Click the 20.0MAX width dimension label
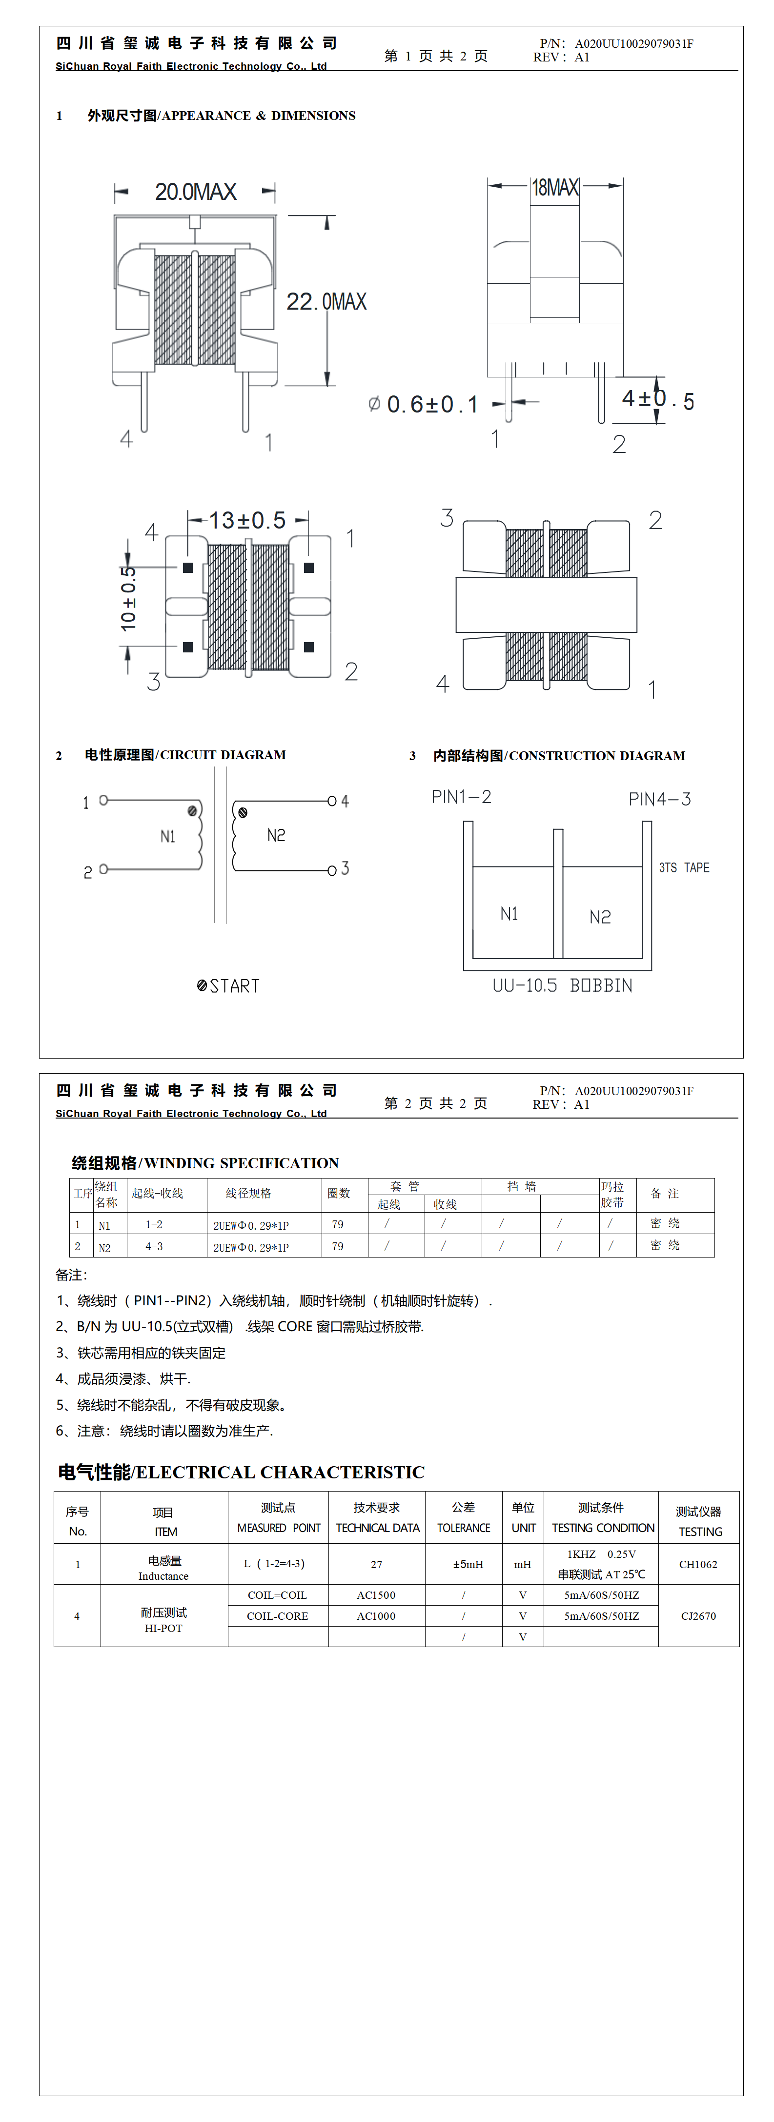(195, 192)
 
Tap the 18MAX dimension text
(555, 188)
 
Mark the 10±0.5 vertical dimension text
(128, 598)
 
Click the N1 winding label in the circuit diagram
(167, 837)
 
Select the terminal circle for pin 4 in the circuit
(331, 801)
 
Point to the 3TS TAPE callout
(683, 867)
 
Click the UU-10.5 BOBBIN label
(562, 985)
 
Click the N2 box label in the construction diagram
(600, 917)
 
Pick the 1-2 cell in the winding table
(154, 1224)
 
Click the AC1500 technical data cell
(376, 1595)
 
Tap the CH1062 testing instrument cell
(698, 1564)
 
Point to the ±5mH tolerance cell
(468, 1564)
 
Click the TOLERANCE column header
(463, 1528)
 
